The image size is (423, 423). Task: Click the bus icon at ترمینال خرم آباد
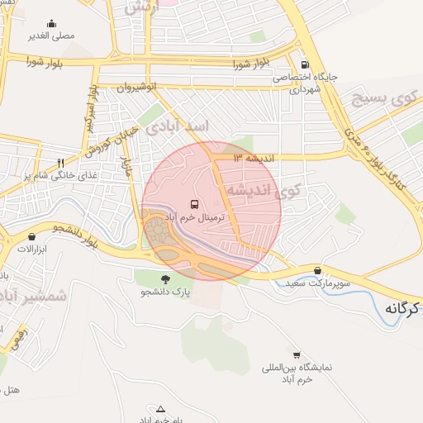click(195, 203)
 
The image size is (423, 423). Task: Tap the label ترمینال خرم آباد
click(196, 216)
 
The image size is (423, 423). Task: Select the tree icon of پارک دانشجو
click(165, 279)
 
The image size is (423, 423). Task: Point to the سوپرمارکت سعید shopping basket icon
click(318, 270)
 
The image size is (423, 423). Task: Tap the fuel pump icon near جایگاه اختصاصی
click(305, 64)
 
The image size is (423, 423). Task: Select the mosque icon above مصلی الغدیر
click(52, 23)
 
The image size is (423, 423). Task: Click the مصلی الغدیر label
click(52, 36)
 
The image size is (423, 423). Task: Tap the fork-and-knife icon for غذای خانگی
click(59, 163)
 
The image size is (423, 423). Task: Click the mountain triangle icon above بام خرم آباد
click(160, 408)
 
